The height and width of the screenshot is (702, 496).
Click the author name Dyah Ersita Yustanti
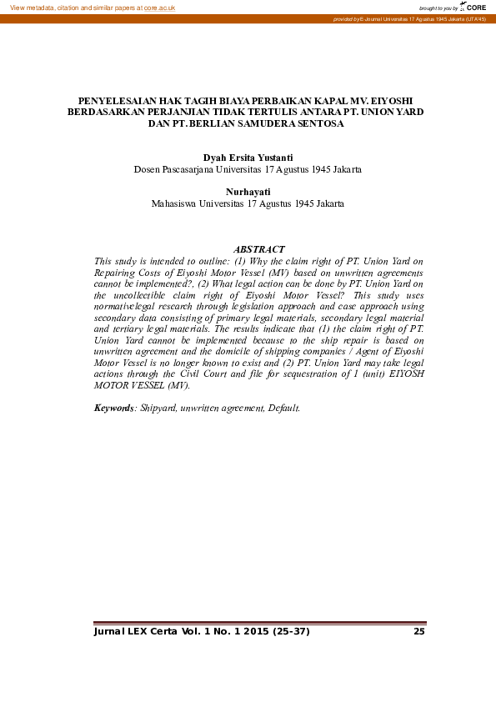click(248, 157)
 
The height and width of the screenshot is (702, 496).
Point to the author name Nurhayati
click(248, 192)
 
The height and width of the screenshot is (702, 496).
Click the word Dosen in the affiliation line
click(148, 169)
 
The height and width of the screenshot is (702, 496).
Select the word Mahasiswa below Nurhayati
click(177, 203)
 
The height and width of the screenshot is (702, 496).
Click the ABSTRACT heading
click(259, 249)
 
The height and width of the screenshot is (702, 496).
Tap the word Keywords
click(114, 408)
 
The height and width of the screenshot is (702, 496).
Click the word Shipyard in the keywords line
click(159, 408)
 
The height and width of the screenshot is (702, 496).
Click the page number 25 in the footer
click(419, 631)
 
